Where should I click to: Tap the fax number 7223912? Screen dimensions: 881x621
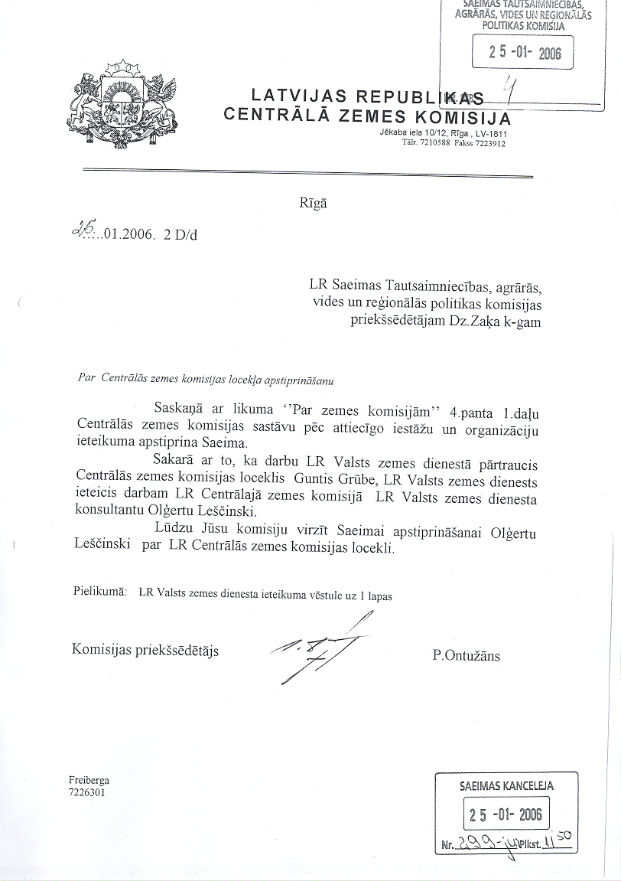click(x=490, y=143)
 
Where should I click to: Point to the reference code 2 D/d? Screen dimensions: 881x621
click(x=180, y=235)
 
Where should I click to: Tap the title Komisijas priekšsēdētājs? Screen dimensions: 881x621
click(x=145, y=650)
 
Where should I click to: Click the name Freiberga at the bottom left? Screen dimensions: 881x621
click(x=89, y=780)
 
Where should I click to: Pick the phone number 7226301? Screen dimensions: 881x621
click(x=86, y=792)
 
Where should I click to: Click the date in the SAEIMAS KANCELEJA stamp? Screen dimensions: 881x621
click(x=506, y=815)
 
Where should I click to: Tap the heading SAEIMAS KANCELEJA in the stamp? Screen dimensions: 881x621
click(x=507, y=785)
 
